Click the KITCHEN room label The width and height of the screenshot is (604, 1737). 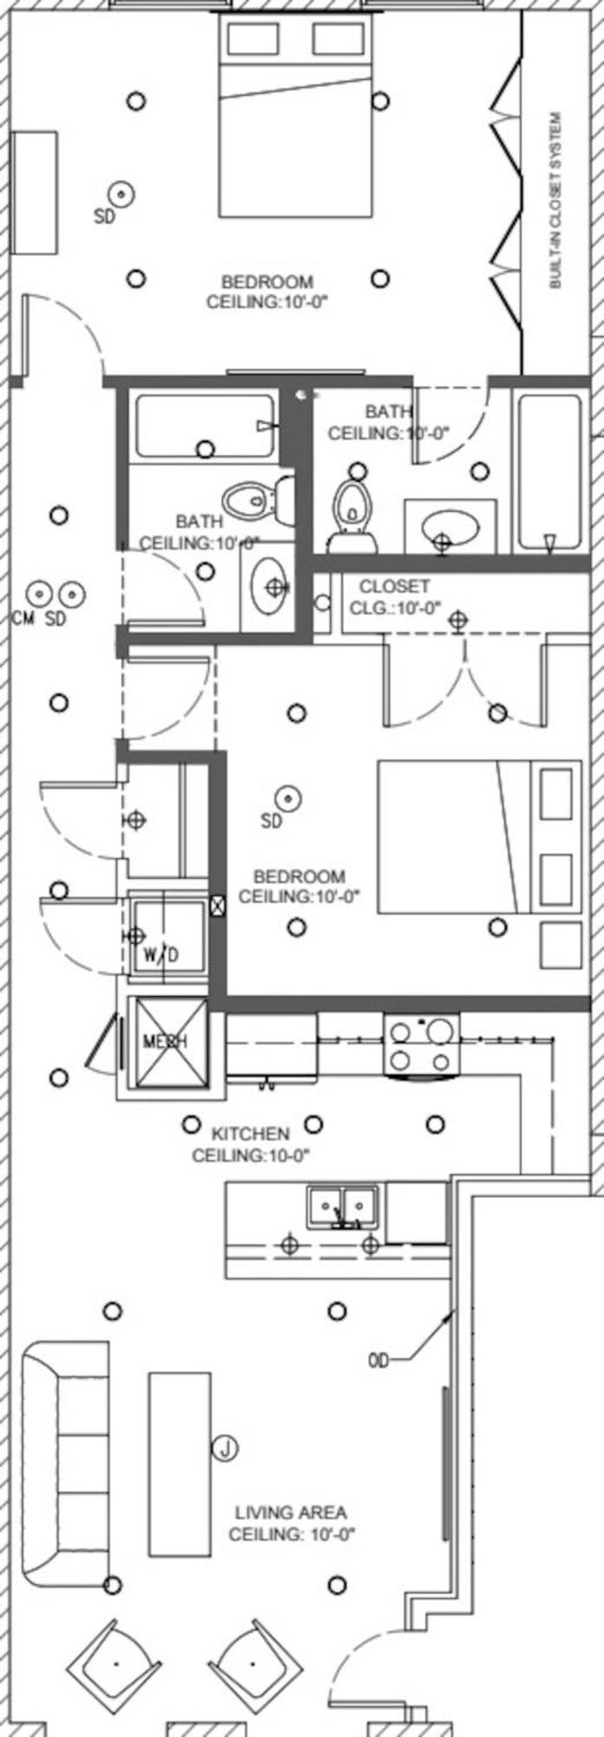click(251, 1133)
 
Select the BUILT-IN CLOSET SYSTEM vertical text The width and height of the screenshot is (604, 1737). click(556, 200)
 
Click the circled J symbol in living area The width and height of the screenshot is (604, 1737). click(225, 1448)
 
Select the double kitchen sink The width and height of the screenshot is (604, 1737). click(341, 1206)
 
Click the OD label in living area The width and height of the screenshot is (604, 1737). click(378, 1361)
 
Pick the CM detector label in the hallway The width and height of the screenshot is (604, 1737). click(23, 619)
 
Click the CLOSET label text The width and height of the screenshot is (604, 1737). click(394, 586)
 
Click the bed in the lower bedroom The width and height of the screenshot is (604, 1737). click(477, 836)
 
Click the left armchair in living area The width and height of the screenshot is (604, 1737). click(115, 1661)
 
